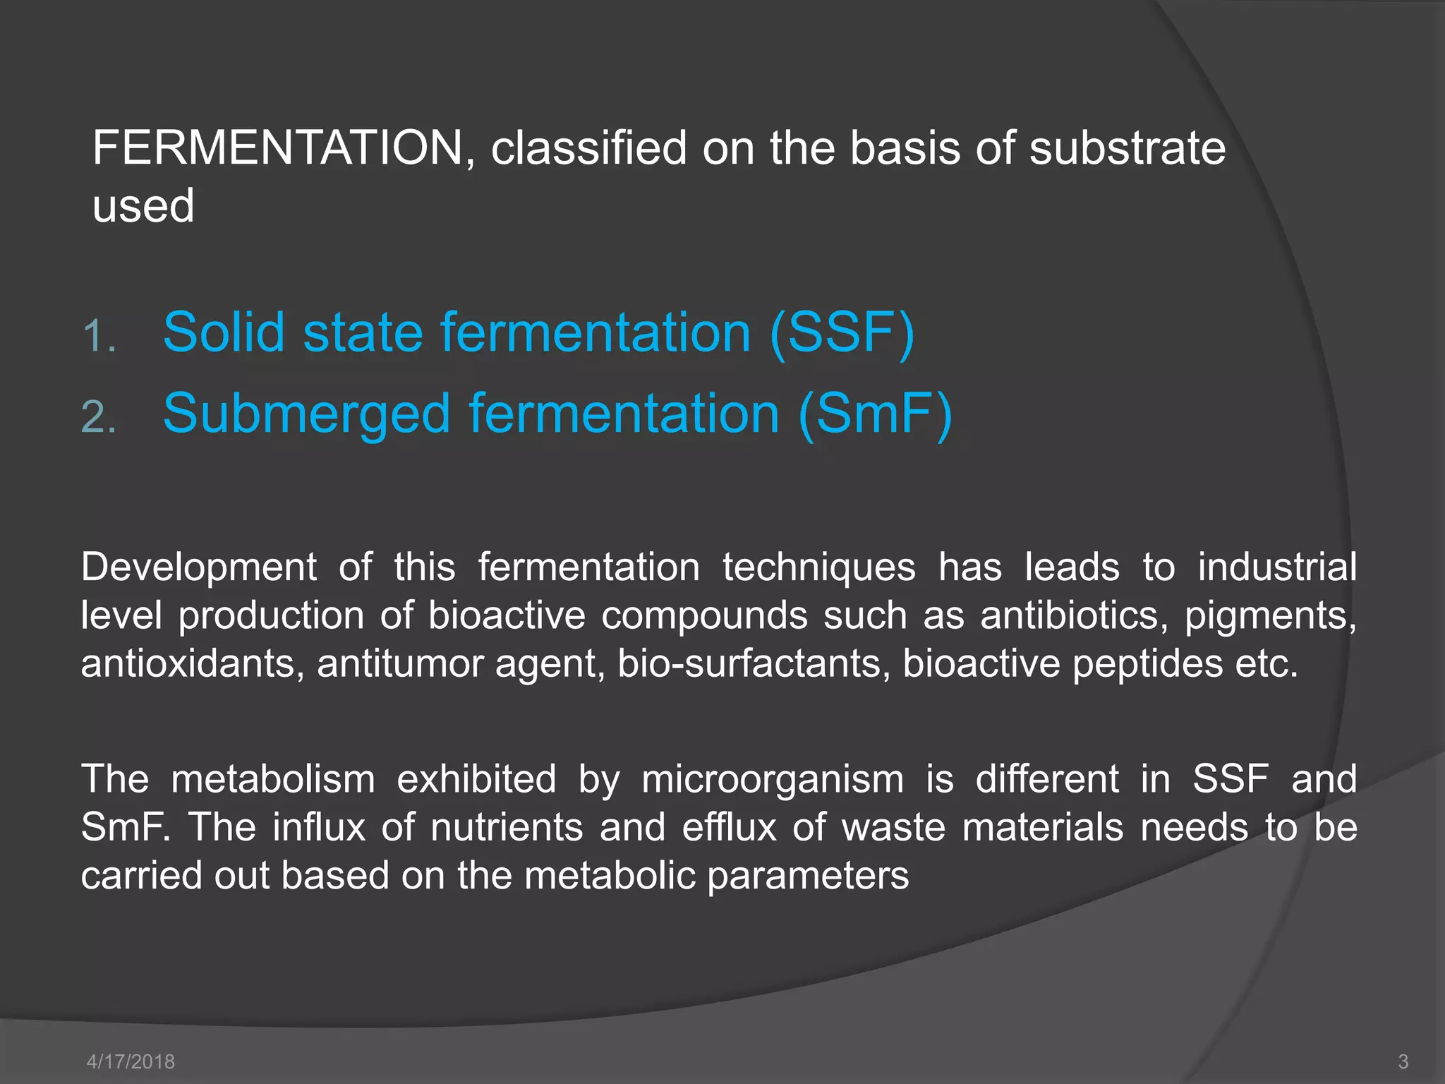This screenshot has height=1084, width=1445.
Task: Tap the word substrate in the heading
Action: (1127, 148)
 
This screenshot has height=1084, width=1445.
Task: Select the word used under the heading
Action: (143, 206)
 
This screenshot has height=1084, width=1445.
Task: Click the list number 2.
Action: (98, 416)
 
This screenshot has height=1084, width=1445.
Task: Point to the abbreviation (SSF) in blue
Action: (842, 332)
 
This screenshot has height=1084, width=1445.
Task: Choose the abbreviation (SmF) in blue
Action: (876, 414)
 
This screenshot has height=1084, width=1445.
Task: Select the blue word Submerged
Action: (306, 415)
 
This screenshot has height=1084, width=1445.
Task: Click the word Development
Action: (199, 567)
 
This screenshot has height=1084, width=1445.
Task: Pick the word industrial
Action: (1277, 567)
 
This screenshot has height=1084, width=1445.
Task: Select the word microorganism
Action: (773, 780)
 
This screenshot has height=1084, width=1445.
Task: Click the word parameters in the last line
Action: (808, 876)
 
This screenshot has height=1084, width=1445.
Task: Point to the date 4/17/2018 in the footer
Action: (131, 1061)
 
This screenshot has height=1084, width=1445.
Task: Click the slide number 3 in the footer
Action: (1403, 1061)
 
